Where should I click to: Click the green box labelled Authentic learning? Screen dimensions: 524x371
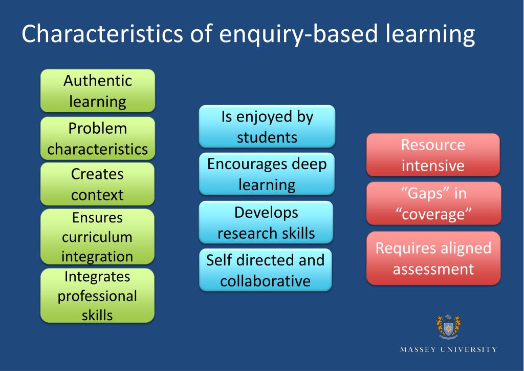97,91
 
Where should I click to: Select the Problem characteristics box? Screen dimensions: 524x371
97,138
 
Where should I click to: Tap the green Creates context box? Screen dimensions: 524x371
97,184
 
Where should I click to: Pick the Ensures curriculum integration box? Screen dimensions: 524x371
97,237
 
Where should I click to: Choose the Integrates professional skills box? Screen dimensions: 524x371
97,296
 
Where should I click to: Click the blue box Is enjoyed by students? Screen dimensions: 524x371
267,127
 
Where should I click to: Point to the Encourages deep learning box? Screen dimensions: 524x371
267,174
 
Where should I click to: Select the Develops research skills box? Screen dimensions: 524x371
266,222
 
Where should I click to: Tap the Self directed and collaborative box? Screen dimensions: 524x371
266,270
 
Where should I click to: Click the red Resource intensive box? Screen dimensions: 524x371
433,155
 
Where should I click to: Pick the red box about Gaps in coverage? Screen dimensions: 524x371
433,203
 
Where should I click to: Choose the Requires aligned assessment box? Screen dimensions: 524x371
433,258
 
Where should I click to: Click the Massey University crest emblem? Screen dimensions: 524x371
448,326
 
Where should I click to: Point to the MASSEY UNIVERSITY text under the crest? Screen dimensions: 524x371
448,349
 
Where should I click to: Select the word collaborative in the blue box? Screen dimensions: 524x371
266,281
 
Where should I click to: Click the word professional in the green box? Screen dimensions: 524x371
97,296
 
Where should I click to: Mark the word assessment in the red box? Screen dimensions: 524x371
433,269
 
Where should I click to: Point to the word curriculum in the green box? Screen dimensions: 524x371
97,237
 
